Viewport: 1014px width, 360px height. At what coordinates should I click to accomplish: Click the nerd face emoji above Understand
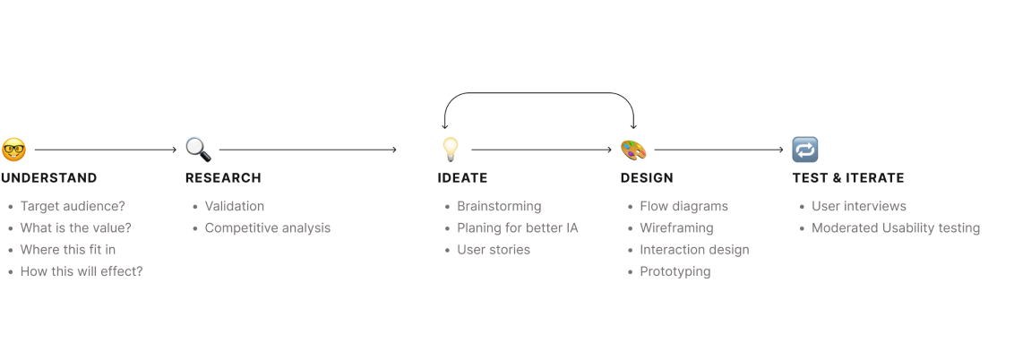13,149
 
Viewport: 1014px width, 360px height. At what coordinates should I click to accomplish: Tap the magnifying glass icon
198,149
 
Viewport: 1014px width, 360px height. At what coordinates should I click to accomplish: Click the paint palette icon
633,149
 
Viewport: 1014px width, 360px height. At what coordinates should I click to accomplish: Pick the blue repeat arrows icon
804,149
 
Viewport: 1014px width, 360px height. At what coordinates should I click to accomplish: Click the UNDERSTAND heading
49,177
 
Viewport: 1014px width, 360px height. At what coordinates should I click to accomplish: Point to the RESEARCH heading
223,177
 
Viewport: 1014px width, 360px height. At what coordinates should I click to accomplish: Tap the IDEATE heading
462,177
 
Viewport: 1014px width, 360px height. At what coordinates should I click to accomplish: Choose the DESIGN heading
646,177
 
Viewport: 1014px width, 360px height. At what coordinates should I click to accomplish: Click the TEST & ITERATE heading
847,177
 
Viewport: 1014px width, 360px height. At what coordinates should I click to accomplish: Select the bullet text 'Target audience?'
73,206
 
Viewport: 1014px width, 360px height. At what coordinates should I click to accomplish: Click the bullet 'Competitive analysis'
268,227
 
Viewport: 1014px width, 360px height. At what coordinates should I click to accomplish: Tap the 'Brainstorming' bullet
499,206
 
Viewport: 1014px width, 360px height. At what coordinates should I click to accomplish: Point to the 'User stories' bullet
494,249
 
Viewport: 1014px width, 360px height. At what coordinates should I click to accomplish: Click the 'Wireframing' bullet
676,227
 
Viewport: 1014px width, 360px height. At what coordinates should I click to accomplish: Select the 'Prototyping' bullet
675,270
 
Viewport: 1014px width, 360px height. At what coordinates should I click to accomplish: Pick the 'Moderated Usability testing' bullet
896,227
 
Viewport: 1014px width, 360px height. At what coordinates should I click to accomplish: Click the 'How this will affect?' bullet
82,270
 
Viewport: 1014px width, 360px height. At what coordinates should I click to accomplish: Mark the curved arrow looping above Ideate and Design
540,94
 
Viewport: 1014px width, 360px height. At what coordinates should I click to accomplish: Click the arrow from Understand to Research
105,149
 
